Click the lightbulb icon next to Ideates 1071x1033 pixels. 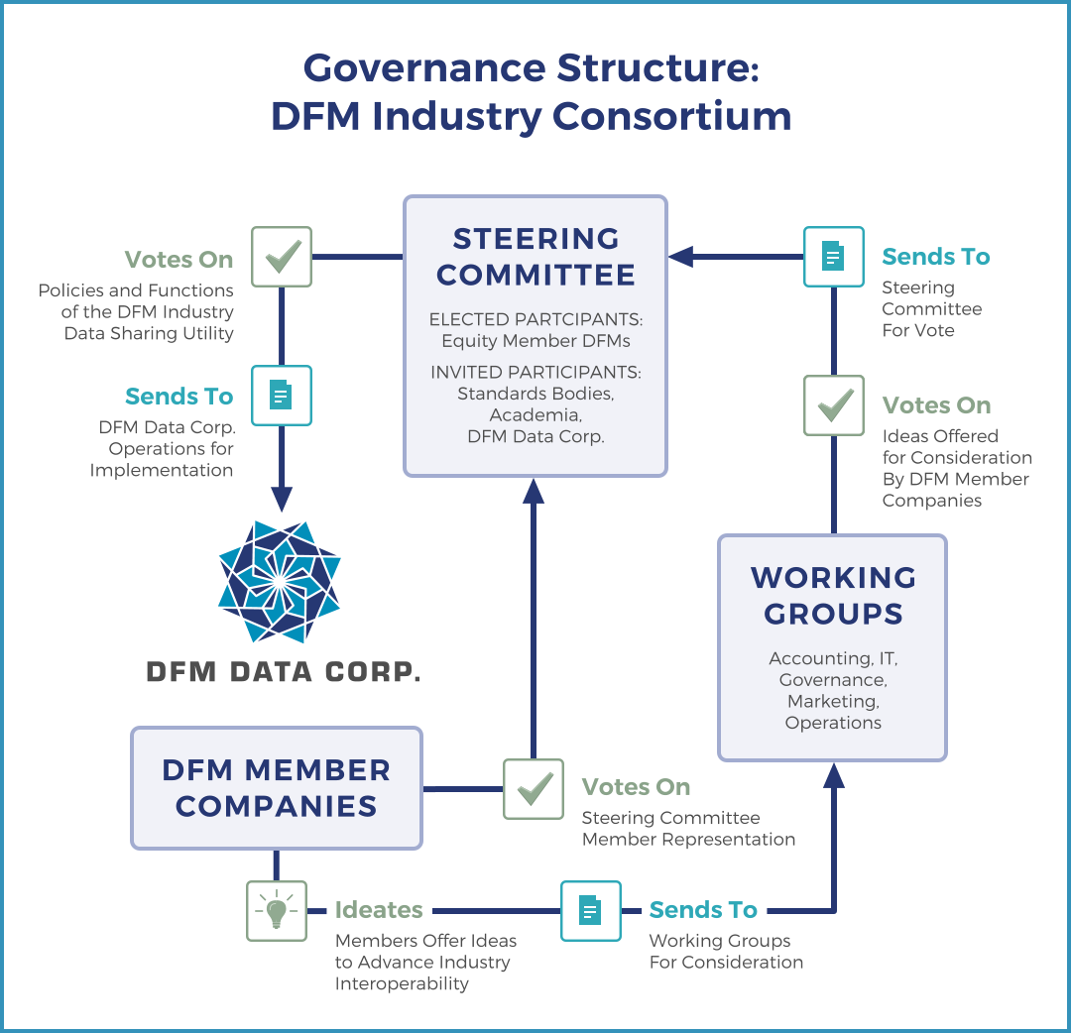[x=277, y=910]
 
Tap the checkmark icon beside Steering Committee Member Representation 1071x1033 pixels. [x=534, y=789]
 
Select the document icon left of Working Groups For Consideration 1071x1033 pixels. [x=590, y=910]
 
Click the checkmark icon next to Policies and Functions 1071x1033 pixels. [x=282, y=257]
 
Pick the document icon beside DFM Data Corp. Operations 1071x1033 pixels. [x=282, y=396]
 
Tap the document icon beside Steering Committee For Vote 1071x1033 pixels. [x=833, y=257]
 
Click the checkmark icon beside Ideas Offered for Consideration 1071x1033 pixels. [x=833, y=404]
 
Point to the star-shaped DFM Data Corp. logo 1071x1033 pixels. [x=280, y=582]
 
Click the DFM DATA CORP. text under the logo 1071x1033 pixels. [x=284, y=671]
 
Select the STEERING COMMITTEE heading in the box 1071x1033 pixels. [x=535, y=257]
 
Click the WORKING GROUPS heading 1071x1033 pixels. [x=833, y=595]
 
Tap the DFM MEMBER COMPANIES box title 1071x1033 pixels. [x=277, y=787]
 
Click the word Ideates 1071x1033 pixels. [x=379, y=910]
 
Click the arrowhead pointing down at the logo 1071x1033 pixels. [x=282, y=498]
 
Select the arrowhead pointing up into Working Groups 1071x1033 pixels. [x=834, y=775]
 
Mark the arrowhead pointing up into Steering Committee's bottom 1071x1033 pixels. [x=534, y=490]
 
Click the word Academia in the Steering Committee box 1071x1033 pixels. [x=535, y=414]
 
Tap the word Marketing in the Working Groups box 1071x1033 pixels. [x=833, y=701]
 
